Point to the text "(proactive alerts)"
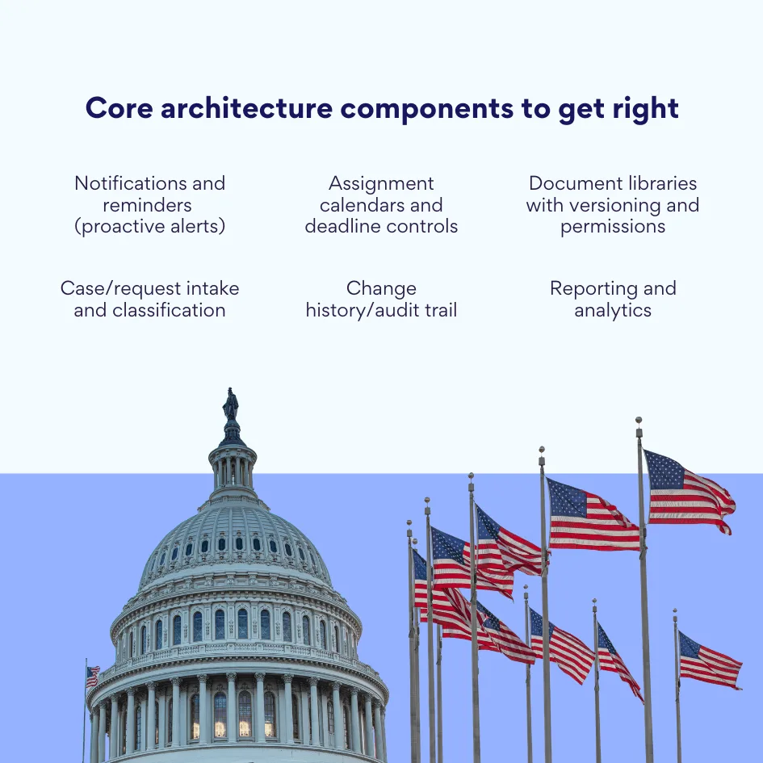[x=149, y=226]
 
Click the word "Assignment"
[x=381, y=183]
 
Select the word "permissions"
[x=613, y=226]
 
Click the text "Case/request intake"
[x=149, y=288]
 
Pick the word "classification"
[x=149, y=310]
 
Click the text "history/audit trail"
[x=381, y=310]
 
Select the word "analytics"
[x=613, y=310]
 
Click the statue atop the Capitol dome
[x=231, y=405]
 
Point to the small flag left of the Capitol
[x=93, y=676]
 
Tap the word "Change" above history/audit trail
[x=381, y=288]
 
